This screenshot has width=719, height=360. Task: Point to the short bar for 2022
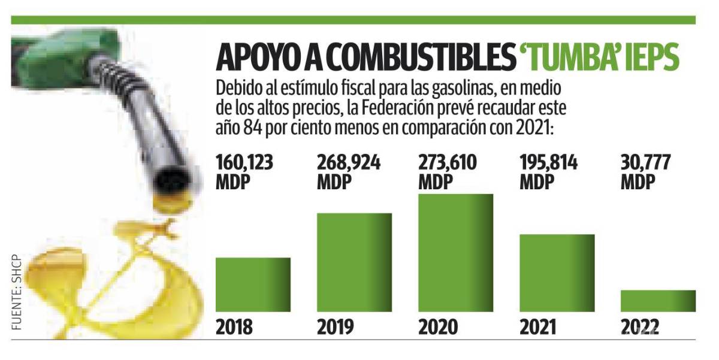pyautogui.click(x=658, y=301)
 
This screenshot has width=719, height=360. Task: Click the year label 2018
pyautogui.click(x=234, y=327)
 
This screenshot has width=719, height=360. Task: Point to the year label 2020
pyautogui.click(x=438, y=327)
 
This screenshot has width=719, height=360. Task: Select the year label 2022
pyautogui.click(x=640, y=327)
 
